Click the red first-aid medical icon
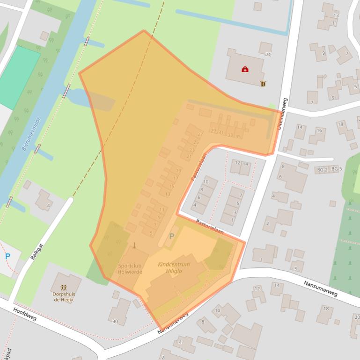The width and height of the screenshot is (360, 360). [x=245, y=70]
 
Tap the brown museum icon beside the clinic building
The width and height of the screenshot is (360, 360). [x=263, y=84]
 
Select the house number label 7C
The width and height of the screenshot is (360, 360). [x=268, y=55]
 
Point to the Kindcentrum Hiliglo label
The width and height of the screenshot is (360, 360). [x=174, y=267]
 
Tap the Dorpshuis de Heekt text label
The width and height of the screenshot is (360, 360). [x=63, y=296]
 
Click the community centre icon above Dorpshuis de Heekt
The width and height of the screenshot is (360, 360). [x=64, y=287]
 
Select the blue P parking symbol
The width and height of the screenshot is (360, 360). [x=7, y=256]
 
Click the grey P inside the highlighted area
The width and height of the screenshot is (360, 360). [x=171, y=237]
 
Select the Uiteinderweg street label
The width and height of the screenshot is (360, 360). [x=281, y=114]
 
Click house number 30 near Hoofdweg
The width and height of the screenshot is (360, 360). [x=115, y=321]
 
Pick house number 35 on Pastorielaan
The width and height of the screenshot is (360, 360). [x=238, y=136]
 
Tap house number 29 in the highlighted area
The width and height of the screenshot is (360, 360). [x=213, y=131]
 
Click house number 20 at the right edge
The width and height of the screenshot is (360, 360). [x=357, y=317]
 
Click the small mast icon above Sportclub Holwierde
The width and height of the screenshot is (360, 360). [x=134, y=245]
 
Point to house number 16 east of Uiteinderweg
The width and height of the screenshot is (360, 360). [x=319, y=130]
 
